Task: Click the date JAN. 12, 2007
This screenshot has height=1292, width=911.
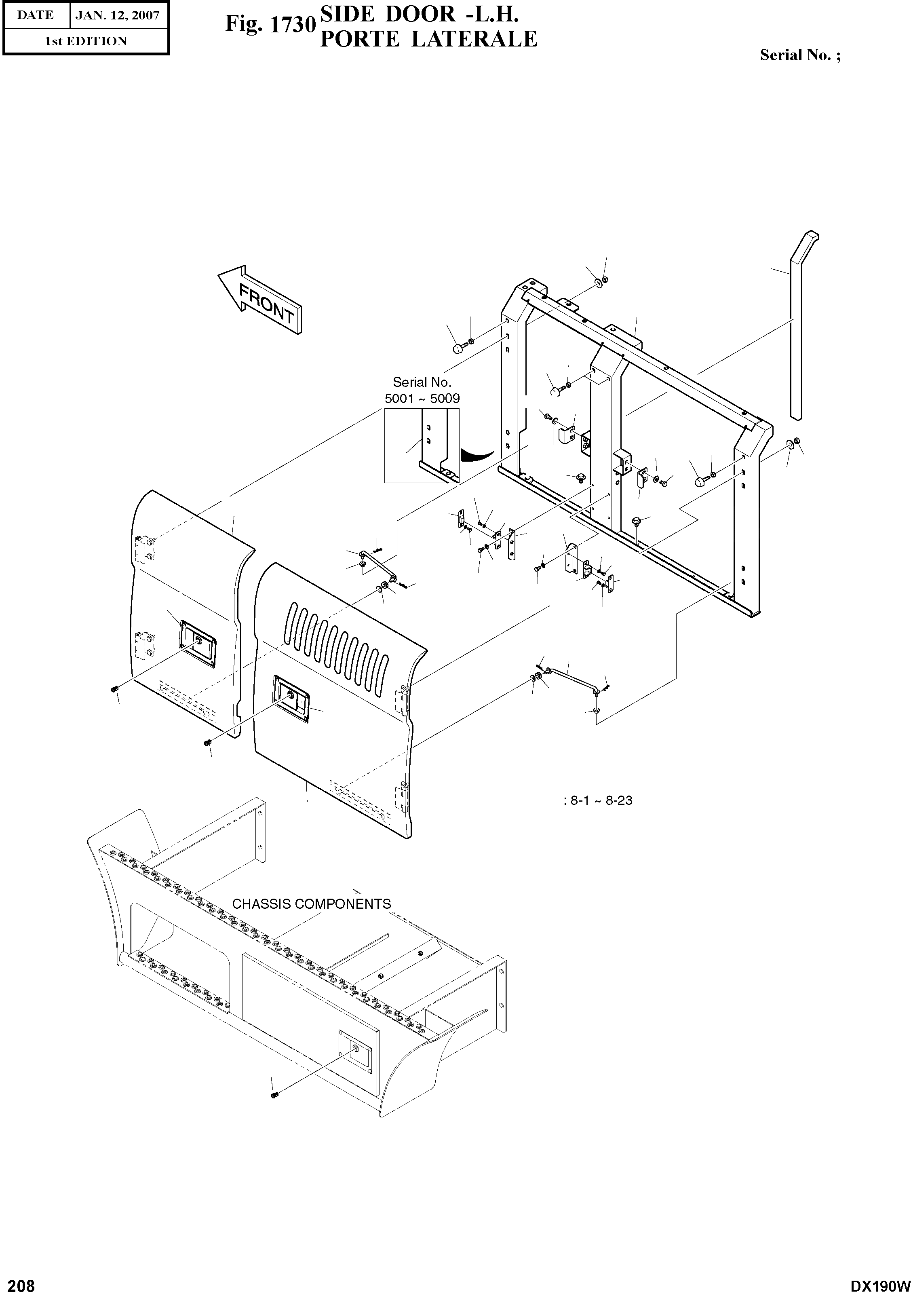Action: [118, 15]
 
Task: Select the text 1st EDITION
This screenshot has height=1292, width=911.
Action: [86, 41]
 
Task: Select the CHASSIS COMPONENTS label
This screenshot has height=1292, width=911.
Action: [311, 904]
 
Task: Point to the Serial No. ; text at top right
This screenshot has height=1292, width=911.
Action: [800, 55]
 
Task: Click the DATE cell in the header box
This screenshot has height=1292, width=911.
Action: [35, 15]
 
